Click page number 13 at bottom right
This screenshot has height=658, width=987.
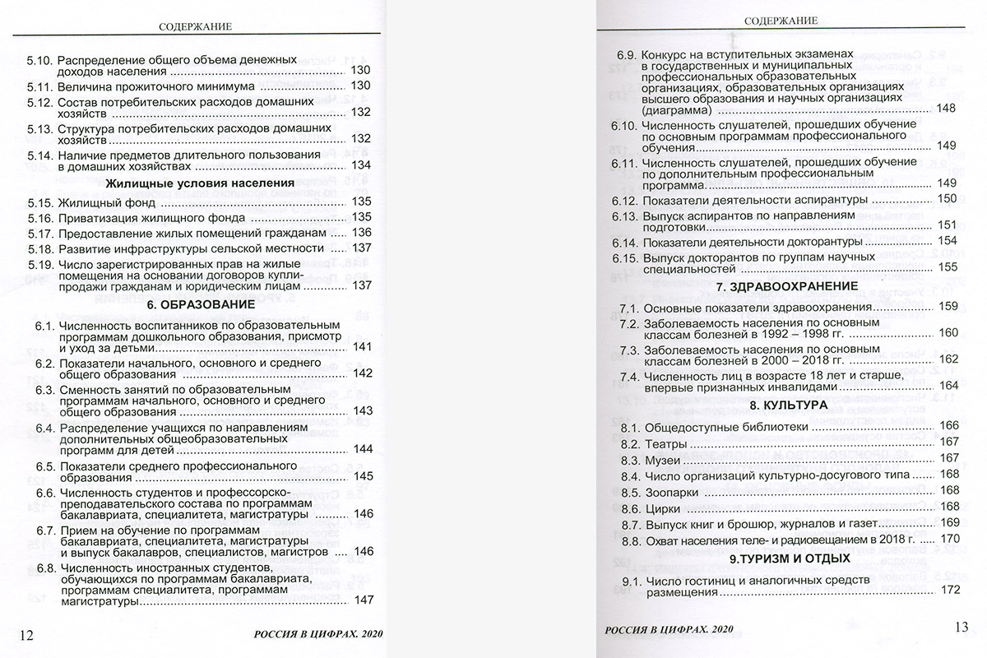pyautogui.click(x=961, y=628)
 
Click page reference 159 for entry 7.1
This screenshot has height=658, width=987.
pyautogui.click(x=948, y=307)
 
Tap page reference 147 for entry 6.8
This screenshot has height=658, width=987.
pyautogui.click(x=364, y=600)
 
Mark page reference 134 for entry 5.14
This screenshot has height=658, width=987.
pyautogui.click(x=362, y=165)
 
